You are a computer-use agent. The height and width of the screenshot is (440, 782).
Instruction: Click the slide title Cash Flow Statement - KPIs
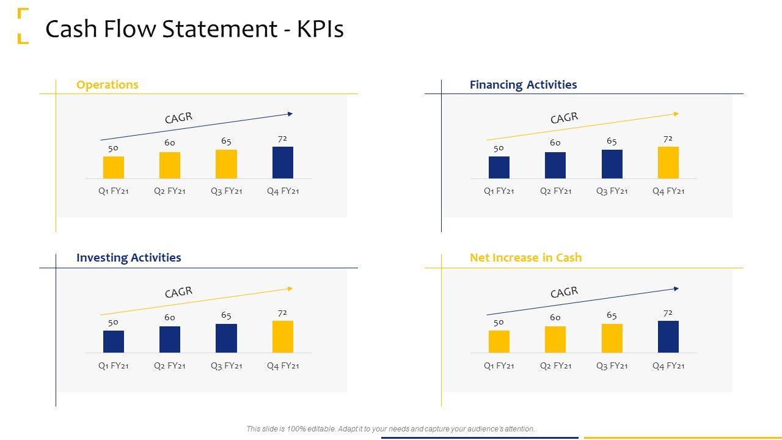(x=194, y=29)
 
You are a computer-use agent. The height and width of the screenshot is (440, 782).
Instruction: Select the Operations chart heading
(x=107, y=85)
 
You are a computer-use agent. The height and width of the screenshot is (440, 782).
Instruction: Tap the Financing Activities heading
(x=523, y=85)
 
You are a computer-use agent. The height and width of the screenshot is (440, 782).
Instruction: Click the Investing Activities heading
(x=128, y=258)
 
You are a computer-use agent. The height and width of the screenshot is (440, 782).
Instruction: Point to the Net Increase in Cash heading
(x=525, y=258)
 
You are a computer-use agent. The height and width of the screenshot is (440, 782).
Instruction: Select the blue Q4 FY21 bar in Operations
(x=282, y=163)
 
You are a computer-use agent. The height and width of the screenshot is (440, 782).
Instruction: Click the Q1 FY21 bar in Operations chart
(x=114, y=167)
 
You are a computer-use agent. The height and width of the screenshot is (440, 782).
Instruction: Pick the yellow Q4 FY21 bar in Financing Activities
(x=668, y=163)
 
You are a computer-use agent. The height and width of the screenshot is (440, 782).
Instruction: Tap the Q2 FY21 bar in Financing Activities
(x=555, y=166)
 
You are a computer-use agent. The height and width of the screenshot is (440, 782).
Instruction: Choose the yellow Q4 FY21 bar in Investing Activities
(x=282, y=337)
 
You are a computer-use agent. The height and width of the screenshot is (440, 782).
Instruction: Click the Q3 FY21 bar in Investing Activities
(x=226, y=339)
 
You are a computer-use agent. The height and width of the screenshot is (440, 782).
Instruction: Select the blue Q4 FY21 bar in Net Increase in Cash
(x=668, y=337)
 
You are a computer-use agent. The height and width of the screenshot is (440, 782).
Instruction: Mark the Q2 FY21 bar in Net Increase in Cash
(x=555, y=340)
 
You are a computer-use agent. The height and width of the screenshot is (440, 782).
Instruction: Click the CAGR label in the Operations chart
(x=178, y=118)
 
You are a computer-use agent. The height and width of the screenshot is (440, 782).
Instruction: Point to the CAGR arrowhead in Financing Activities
(x=676, y=114)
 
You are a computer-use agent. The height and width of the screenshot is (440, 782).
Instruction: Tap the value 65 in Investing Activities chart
(x=226, y=315)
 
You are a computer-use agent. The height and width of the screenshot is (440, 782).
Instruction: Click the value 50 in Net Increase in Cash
(x=499, y=322)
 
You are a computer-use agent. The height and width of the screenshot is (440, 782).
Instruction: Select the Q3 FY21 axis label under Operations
(x=226, y=191)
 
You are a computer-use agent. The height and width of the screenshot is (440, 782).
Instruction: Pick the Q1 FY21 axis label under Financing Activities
(x=499, y=191)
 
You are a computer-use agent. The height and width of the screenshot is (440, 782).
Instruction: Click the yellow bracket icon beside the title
(x=23, y=26)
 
